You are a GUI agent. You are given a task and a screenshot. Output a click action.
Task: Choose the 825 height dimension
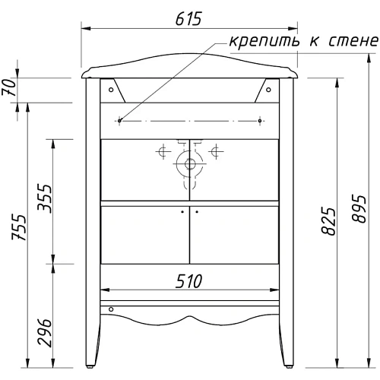(328, 220)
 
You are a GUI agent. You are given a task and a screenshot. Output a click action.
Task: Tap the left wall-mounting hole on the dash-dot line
(121, 119)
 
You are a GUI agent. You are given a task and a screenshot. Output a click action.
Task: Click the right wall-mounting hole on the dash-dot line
(260, 119)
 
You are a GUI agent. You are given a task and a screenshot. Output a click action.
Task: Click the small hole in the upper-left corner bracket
(112, 87)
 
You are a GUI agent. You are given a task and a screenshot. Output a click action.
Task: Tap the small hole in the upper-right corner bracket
(268, 87)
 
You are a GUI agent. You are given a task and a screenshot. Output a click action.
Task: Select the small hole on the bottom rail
(112, 309)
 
